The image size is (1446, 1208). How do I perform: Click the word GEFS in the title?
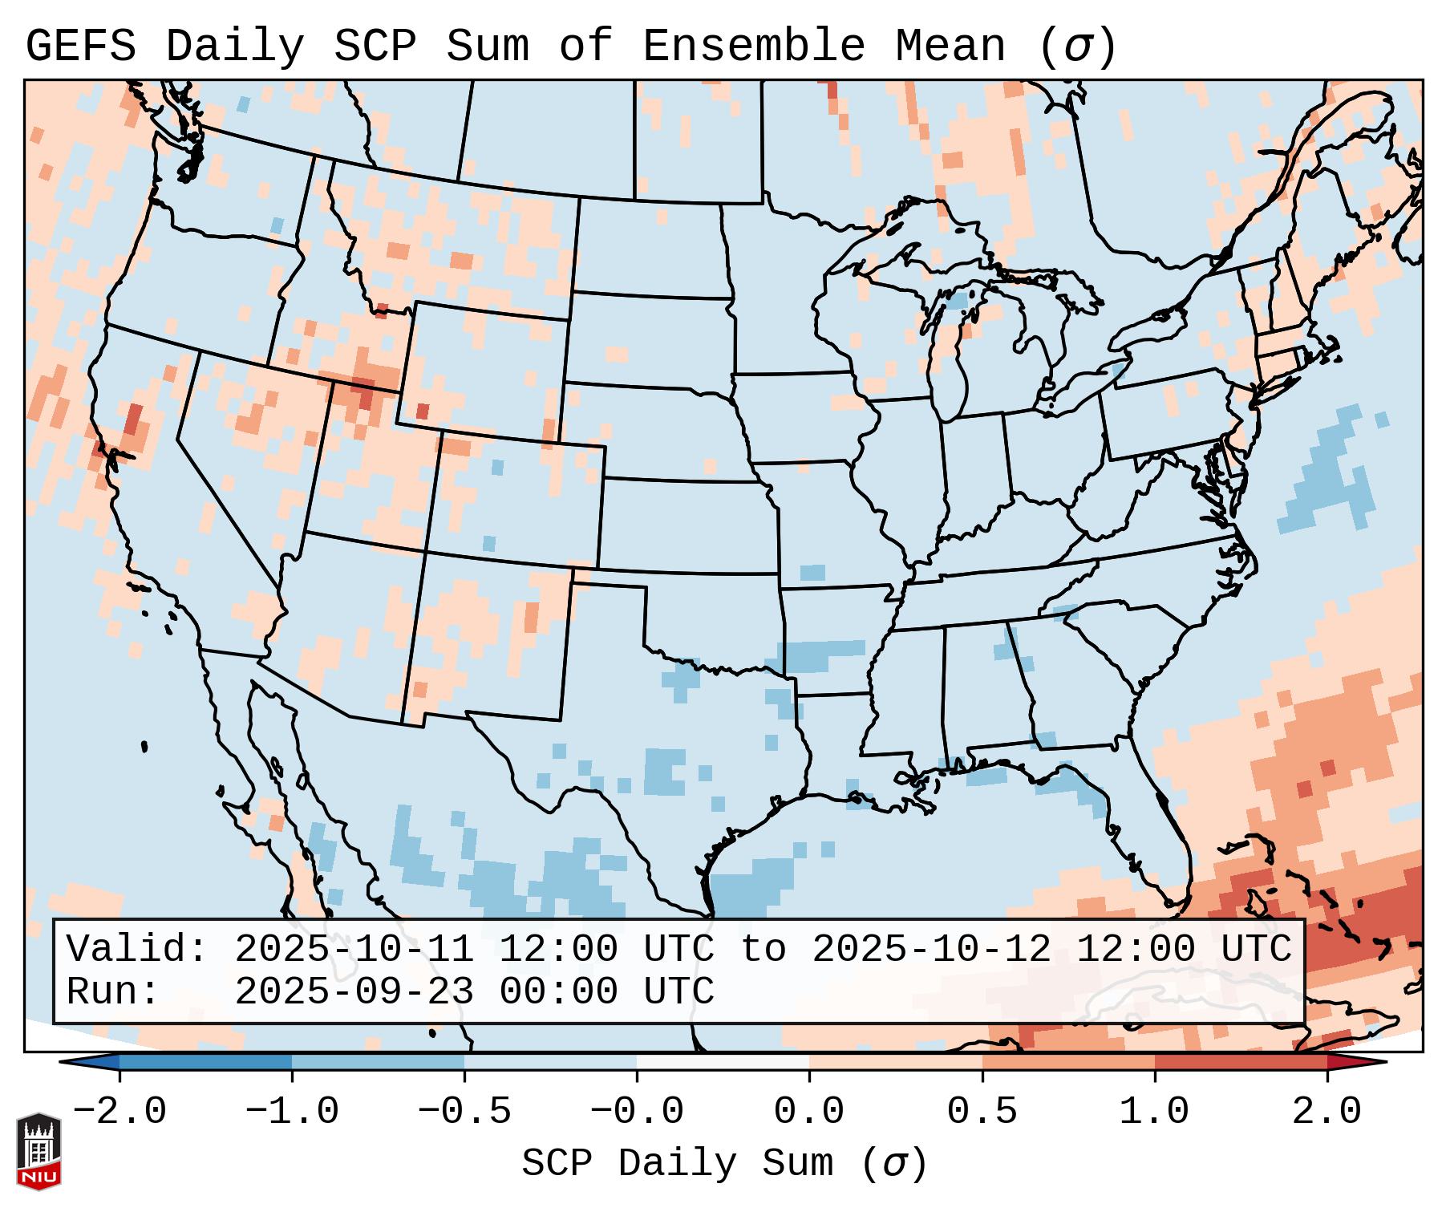[x=80, y=47]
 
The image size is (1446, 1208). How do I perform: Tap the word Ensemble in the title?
[x=754, y=47]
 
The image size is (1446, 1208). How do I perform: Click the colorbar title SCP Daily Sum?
[x=677, y=1163]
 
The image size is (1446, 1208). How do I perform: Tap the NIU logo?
[x=38, y=1151]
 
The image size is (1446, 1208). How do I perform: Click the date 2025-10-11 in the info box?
[x=354, y=950]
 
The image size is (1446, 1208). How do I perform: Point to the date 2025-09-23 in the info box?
[x=354, y=992]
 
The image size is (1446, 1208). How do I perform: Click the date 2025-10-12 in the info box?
[x=931, y=950]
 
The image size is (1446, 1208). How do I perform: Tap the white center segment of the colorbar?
[x=723, y=1062]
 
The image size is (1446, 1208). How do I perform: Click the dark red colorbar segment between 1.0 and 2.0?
[x=1240, y=1062]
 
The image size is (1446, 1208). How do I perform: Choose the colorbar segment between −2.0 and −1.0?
[x=205, y=1062]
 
